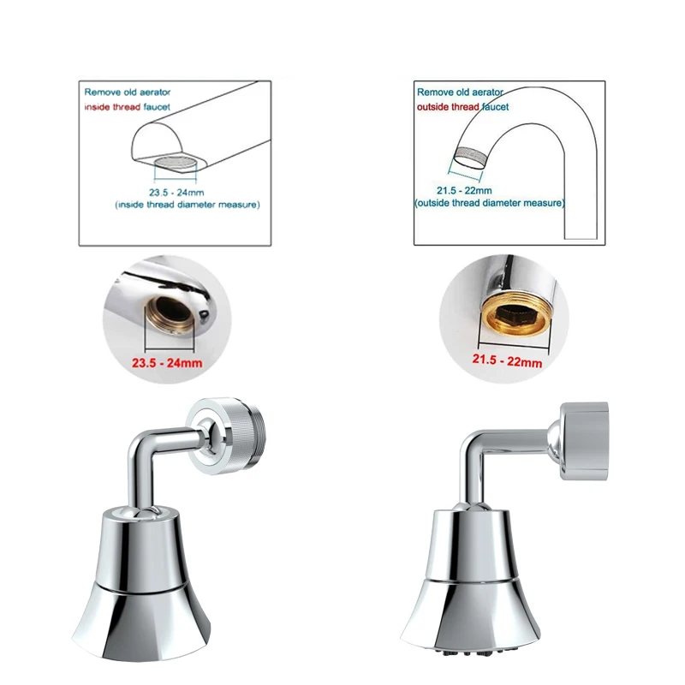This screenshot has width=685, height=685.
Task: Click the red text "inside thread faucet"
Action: [126, 106]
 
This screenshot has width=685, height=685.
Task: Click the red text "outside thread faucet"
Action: [462, 106]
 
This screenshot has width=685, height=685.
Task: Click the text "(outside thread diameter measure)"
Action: [489, 203]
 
